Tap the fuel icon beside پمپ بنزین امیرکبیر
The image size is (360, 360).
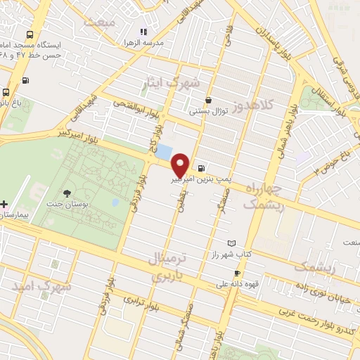pos(202,168)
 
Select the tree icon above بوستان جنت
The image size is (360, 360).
pos(67,193)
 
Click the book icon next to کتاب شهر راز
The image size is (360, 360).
pos(232,243)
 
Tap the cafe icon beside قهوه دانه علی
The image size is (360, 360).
pos(237,273)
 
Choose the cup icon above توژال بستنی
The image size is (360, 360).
pos(209,100)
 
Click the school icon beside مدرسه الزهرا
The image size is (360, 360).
pos(143,32)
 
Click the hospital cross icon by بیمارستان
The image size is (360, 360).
pos(5,203)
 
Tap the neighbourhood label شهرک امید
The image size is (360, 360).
pos(42,286)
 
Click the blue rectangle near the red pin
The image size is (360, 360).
pos(164,151)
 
